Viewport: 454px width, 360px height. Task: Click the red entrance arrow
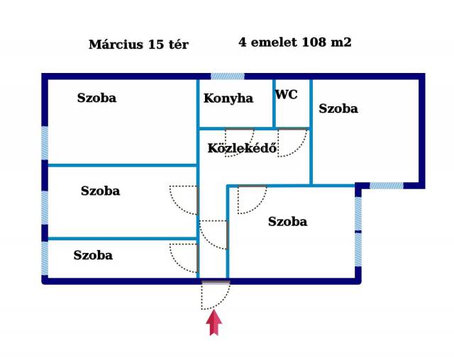click(x=214, y=323)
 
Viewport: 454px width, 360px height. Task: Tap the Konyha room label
click(x=228, y=99)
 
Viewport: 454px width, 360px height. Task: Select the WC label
click(x=286, y=95)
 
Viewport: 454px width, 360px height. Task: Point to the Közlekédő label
click(x=242, y=149)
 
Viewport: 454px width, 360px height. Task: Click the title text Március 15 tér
click(x=138, y=45)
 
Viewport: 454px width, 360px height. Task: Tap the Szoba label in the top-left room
click(x=96, y=99)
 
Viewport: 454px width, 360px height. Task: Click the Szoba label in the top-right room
click(x=338, y=109)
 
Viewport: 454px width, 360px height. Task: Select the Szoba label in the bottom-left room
click(x=93, y=256)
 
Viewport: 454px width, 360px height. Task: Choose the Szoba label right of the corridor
click(x=287, y=222)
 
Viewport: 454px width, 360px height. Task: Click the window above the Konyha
click(x=228, y=76)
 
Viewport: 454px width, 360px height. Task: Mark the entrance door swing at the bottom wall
click(x=215, y=295)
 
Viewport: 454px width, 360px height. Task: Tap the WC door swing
click(x=292, y=142)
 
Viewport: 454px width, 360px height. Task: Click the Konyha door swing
click(x=239, y=141)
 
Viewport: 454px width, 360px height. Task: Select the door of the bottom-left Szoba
click(x=184, y=257)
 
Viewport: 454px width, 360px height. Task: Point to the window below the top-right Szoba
click(x=387, y=186)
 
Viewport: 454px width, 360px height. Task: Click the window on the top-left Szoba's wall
click(x=45, y=145)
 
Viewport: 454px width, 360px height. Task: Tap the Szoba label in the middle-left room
click(x=100, y=191)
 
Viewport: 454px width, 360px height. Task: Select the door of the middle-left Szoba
click(x=184, y=199)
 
